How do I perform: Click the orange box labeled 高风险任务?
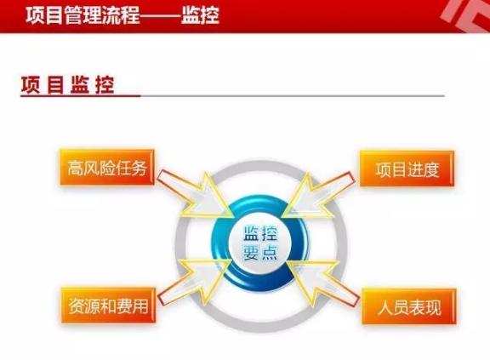pyautogui.click(x=107, y=168)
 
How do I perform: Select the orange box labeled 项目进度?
pyautogui.click(x=407, y=169)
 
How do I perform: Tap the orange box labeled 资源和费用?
pyautogui.click(x=108, y=306)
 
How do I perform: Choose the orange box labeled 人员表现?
pyautogui.click(x=409, y=307)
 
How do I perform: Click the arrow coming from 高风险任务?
pyautogui.click(x=196, y=195)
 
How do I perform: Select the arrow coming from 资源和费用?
pyautogui.click(x=194, y=281)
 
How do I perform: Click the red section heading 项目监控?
pyautogui.click(x=67, y=85)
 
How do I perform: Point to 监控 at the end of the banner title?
pyautogui.click(x=200, y=15)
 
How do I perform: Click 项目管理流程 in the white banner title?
pyautogui.click(x=83, y=15)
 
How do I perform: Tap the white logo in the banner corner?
pyautogui.click(x=465, y=15)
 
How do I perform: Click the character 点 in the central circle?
pyautogui.click(x=269, y=252)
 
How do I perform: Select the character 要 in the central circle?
pyautogui.click(x=251, y=252)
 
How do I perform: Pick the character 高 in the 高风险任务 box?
pyautogui.click(x=76, y=169)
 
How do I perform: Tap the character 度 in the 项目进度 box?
pyautogui.click(x=431, y=169)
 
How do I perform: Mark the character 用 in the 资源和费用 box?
pyautogui.click(x=140, y=306)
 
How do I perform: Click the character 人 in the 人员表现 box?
pyautogui.click(x=385, y=307)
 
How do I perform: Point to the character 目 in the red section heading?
pyautogui.click(x=55, y=85)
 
